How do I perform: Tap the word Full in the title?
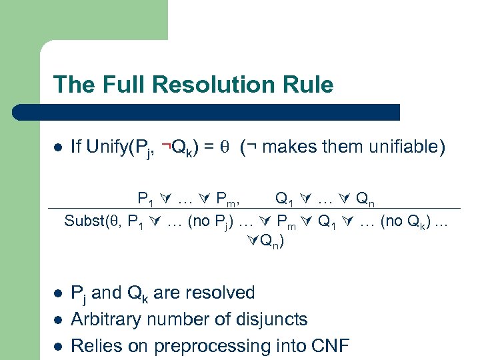tap(123, 85)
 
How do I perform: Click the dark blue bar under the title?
tap(226, 112)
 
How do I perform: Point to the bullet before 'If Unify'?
tap(58, 147)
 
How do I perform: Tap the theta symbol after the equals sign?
tap(225, 147)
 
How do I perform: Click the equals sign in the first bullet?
tap(208, 147)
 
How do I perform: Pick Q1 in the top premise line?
tap(283, 198)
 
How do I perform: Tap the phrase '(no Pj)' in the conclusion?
tap(211, 221)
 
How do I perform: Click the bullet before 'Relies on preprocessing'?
tap(58, 347)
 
